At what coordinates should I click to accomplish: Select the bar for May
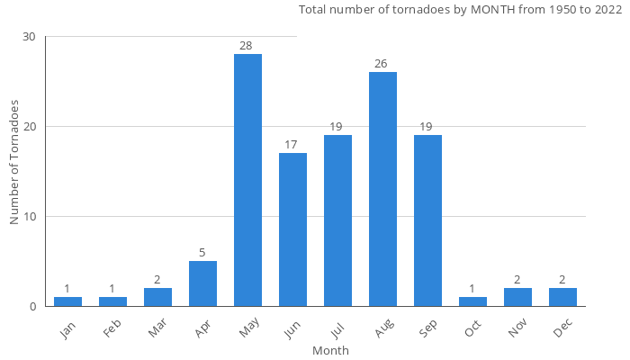coord(247,180)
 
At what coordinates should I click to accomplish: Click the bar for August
coord(382,189)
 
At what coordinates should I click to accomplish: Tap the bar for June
coord(292,229)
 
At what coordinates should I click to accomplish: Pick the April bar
coord(202,283)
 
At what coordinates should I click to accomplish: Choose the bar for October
coord(472,301)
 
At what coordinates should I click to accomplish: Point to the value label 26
coord(382,64)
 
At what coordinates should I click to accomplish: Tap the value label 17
coord(292,145)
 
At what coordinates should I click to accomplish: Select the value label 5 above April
coord(202,253)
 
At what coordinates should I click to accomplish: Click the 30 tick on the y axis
coord(30,37)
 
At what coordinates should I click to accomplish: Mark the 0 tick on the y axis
coord(32,307)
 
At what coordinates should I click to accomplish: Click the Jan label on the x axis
coord(67,329)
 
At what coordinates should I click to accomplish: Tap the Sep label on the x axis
coord(427,329)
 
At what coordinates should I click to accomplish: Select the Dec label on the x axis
coord(562,329)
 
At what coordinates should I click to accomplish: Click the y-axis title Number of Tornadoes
coord(15,163)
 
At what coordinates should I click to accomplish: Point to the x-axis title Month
coord(330,350)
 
